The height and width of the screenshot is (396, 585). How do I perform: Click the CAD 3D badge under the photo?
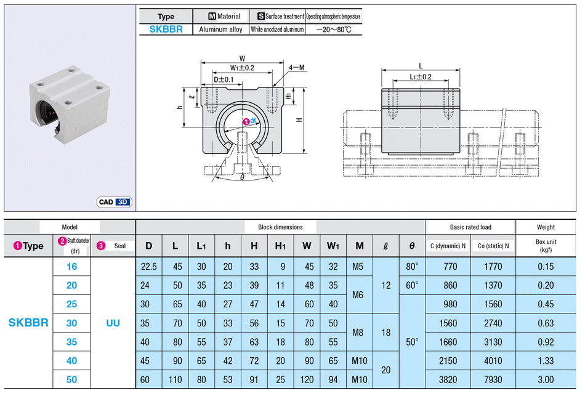click(115, 201)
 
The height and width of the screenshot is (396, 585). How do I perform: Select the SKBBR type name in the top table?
click(166, 29)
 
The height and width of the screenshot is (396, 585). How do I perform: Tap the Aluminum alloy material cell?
click(220, 29)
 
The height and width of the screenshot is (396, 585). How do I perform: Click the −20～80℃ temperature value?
click(333, 29)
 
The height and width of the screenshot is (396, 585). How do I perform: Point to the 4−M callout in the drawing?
click(297, 67)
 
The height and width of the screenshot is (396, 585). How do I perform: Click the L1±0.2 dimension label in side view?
click(420, 77)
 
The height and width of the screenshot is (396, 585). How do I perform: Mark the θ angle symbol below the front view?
click(242, 177)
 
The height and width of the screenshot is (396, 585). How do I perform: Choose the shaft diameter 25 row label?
click(71, 304)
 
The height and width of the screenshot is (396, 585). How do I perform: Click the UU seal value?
click(113, 323)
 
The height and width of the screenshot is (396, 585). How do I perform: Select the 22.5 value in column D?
click(149, 267)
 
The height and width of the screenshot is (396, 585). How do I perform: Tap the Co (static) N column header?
click(493, 246)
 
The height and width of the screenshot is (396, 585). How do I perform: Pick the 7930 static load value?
click(493, 379)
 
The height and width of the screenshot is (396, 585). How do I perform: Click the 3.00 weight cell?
click(546, 379)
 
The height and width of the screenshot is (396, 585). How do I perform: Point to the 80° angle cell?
click(412, 267)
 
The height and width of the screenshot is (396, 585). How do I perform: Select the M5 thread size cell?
click(359, 267)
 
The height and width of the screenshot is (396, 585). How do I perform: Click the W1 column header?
click(333, 246)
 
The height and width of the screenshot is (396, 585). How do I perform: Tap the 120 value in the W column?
click(307, 379)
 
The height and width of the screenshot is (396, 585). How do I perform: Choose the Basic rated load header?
click(470, 227)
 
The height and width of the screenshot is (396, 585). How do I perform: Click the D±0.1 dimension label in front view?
click(224, 79)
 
